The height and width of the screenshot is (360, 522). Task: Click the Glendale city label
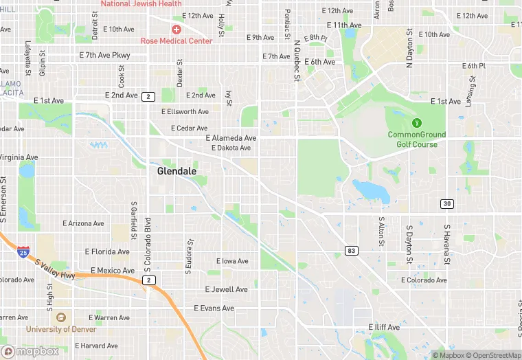pos(177,171)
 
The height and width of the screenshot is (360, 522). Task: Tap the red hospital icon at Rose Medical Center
pos(177,30)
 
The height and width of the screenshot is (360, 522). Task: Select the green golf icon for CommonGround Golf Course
pos(416,123)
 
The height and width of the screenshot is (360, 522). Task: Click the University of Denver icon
pos(60,317)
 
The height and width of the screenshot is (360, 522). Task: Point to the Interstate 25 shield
pos(23,252)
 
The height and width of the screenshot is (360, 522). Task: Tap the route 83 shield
pos(352,251)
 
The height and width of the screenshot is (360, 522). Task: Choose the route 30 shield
pos(447,204)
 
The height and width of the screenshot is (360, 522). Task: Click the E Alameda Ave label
pos(231,138)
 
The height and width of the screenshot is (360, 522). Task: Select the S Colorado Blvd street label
pos(147,237)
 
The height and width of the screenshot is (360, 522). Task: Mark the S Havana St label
pos(446,244)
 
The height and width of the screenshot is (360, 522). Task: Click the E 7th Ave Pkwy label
pos(104,54)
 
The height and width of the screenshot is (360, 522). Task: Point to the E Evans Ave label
pos(214,308)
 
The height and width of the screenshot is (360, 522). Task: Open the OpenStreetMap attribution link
pos(494,355)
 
